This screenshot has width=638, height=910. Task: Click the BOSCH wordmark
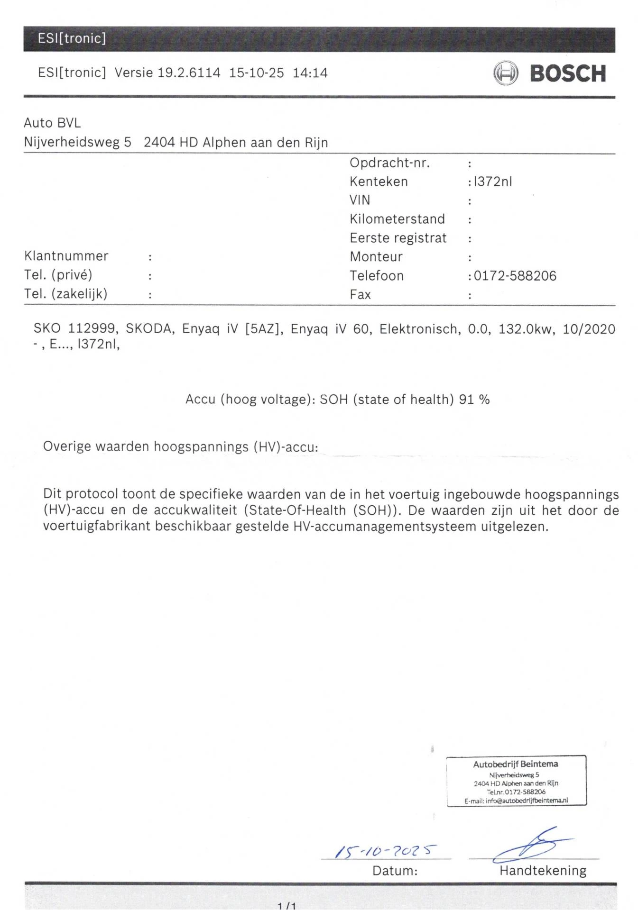(x=567, y=73)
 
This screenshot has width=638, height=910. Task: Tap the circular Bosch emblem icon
(x=506, y=73)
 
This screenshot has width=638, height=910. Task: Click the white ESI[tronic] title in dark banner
(x=72, y=38)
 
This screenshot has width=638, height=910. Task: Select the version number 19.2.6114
(x=189, y=73)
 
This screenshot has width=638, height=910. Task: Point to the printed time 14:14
(x=310, y=73)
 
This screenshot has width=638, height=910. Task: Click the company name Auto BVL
(x=52, y=123)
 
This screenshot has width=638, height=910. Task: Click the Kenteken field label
(x=379, y=182)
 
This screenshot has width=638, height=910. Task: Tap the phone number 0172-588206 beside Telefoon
(x=515, y=276)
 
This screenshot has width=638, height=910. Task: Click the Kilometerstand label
(x=397, y=219)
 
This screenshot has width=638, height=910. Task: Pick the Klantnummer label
(x=66, y=256)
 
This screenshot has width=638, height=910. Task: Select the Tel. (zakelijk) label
(x=65, y=294)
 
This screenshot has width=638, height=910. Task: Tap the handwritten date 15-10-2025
(x=385, y=851)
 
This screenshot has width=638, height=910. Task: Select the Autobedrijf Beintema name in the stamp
(x=515, y=764)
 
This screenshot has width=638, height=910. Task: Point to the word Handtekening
(x=543, y=871)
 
